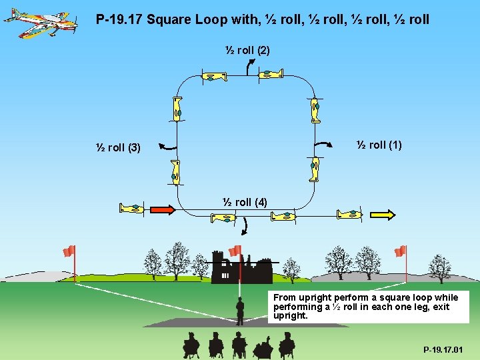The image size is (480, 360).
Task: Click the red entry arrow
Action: pos(163,209)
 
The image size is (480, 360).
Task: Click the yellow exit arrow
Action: pos(382,214)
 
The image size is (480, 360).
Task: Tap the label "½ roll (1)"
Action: pos(379,145)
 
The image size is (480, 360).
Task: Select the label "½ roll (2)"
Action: pos(247,50)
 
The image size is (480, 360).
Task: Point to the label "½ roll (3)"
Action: pos(117,147)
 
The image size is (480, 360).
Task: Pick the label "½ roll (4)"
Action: pos(245,202)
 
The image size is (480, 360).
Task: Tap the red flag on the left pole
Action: pos(69,251)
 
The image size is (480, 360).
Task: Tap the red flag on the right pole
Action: pos(400,251)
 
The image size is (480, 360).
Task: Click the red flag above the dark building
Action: pos(235,250)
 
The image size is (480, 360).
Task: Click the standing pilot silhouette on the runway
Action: pos(240,311)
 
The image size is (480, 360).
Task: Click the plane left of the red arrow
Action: pos(131,208)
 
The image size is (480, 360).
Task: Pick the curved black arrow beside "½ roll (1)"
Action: pos(325,143)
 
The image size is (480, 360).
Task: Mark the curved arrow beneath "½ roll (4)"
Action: pos(243,227)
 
